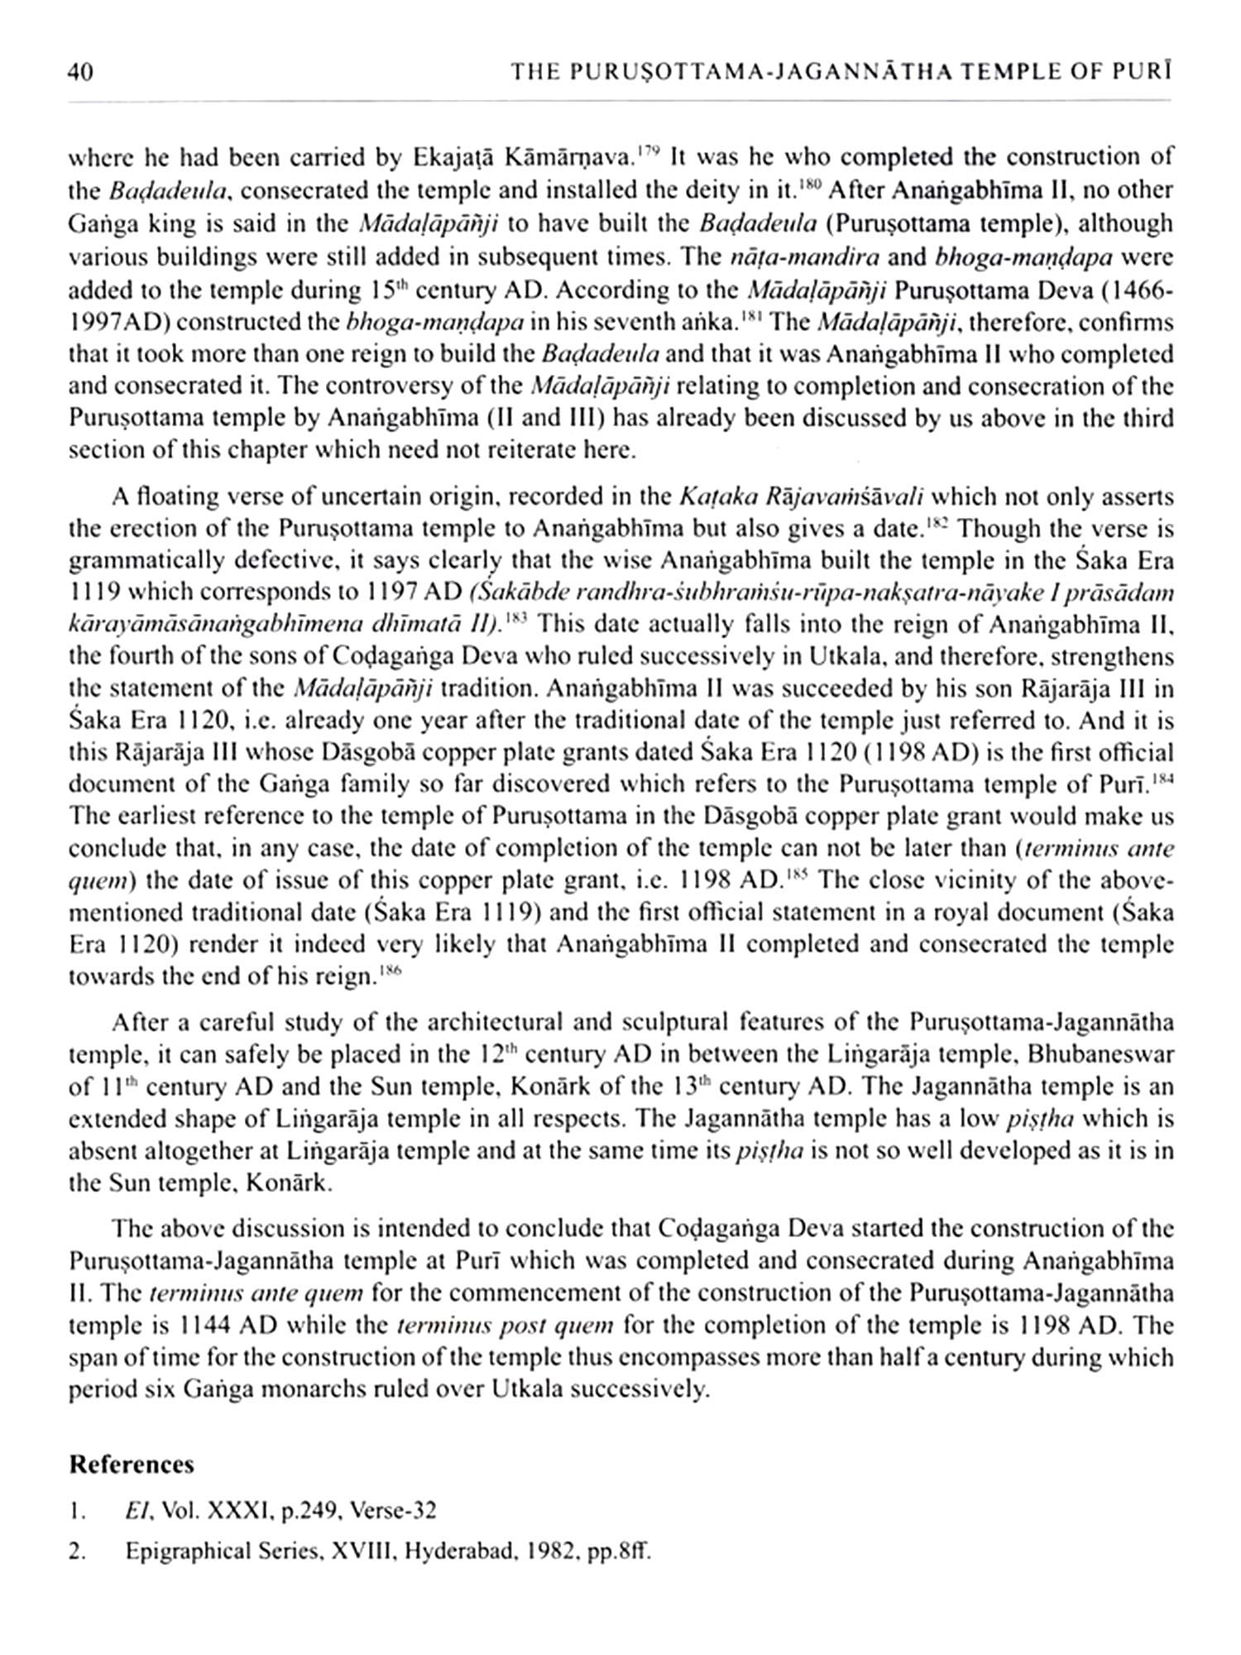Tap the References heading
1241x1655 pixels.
[132, 1464]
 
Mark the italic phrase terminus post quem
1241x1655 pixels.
[506, 1326]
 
